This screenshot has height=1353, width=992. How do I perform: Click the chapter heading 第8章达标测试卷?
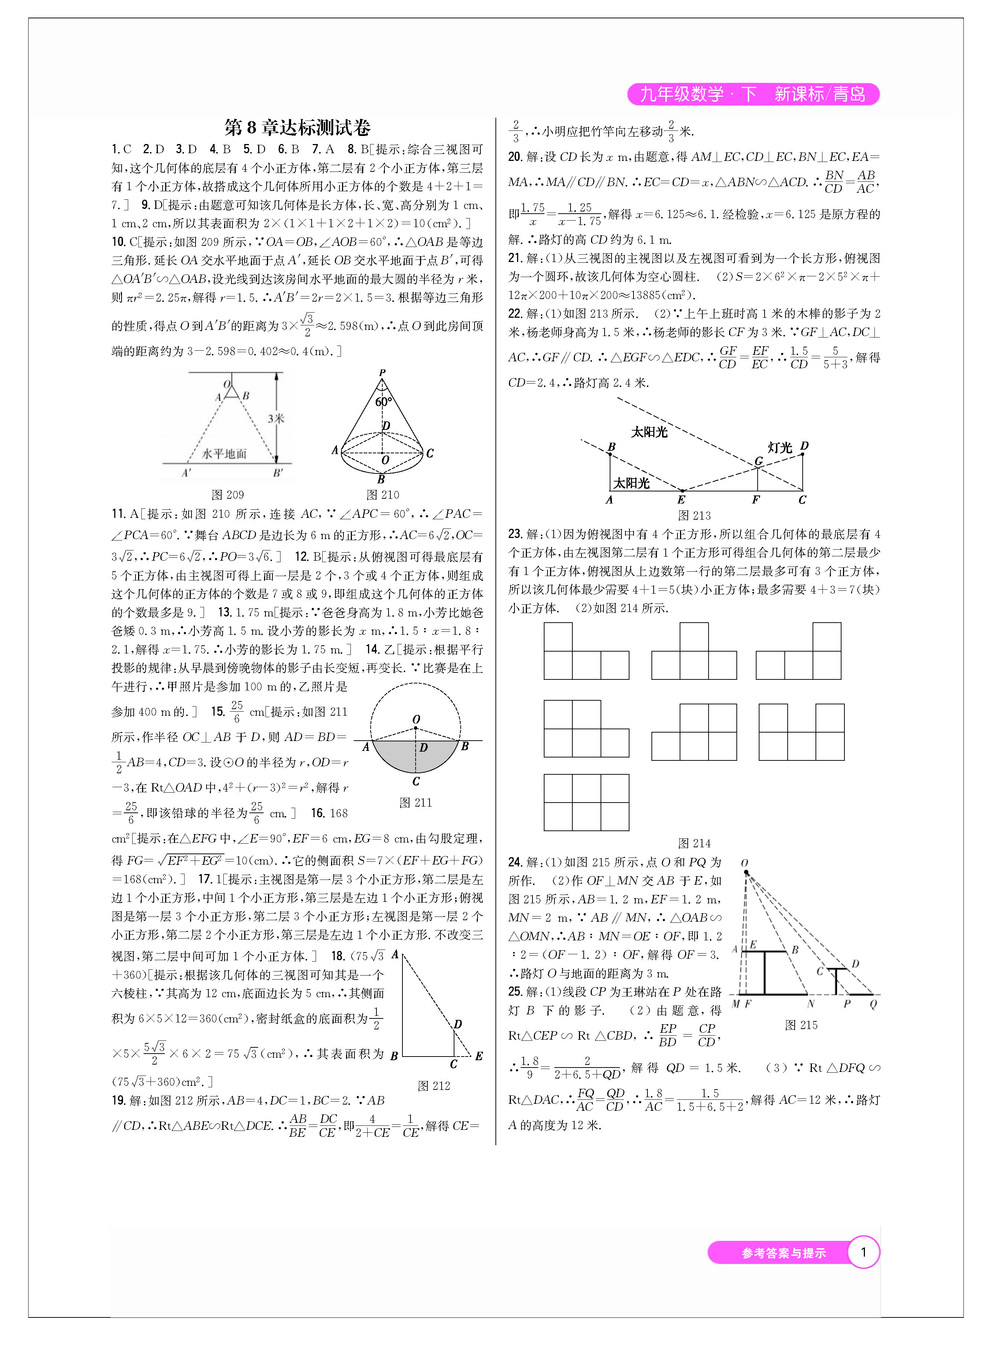click(297, 128)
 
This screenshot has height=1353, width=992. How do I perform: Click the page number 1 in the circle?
click(863, 1252)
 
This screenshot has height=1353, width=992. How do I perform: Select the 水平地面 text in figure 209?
click(224, 454)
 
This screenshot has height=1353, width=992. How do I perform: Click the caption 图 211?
click(416, 803)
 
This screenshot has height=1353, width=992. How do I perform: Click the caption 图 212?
click(434, 1085)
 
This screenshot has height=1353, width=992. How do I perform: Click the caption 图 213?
click(694, 516)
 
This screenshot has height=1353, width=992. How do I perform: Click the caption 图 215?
click(801, 1025)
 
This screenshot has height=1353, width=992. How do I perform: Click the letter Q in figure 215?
click(873, 1004)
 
